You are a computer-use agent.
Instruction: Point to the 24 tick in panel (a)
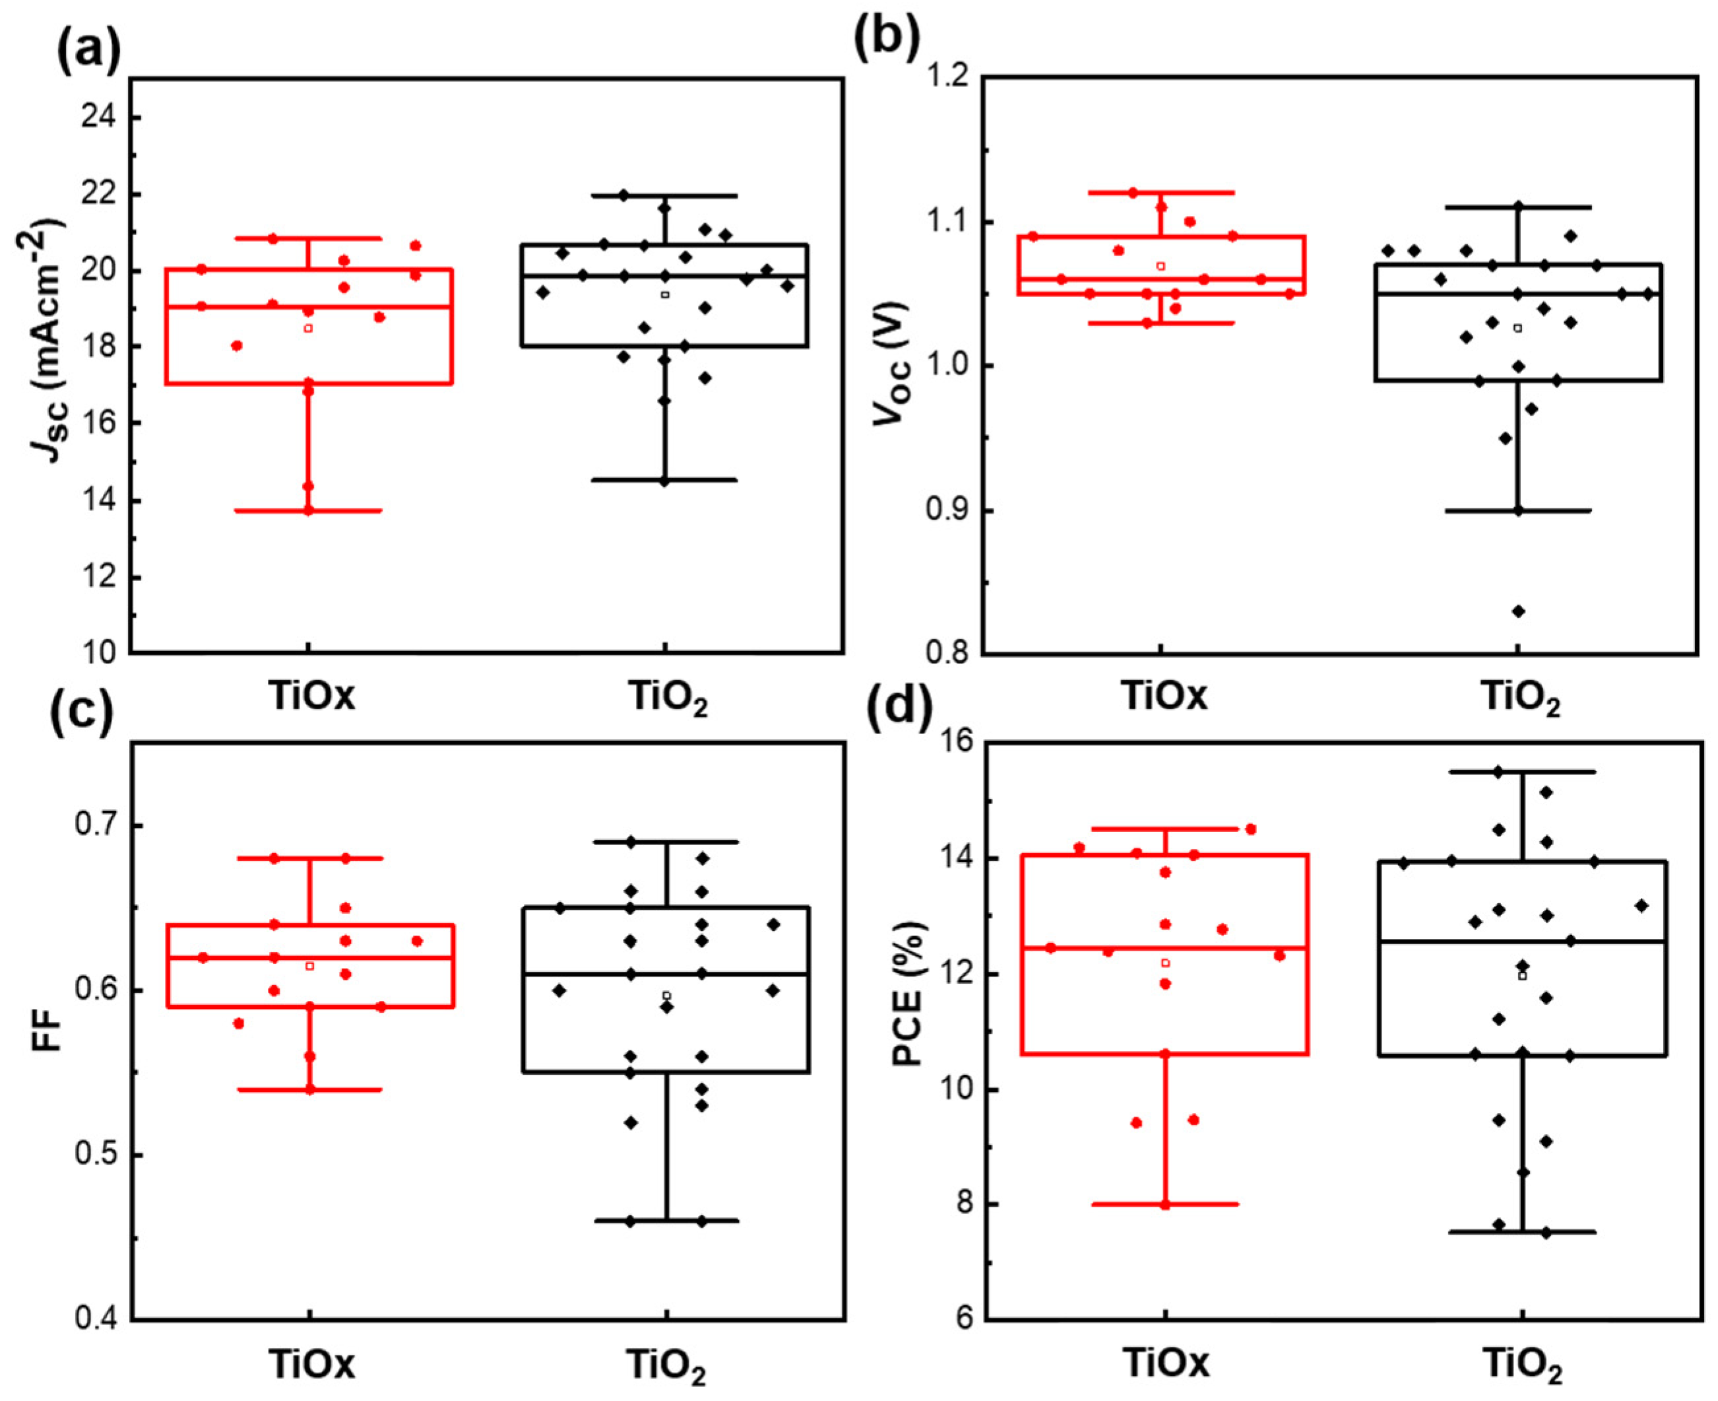pos(98,118)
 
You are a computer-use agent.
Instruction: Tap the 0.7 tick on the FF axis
pos(95,825)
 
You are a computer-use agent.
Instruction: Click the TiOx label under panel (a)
pos(311,697)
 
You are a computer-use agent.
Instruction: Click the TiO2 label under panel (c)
pos(666,1365)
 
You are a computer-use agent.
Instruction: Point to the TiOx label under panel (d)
pos(1166,1363)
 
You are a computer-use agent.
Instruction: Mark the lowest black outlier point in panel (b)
pos(1518,611)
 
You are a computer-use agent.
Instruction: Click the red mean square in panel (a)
pos(308,328)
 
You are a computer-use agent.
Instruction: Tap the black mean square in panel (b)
pos(1518,327)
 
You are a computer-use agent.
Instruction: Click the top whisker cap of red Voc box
pos(1161,192)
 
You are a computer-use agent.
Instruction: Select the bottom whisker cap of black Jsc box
pos(664,480)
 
